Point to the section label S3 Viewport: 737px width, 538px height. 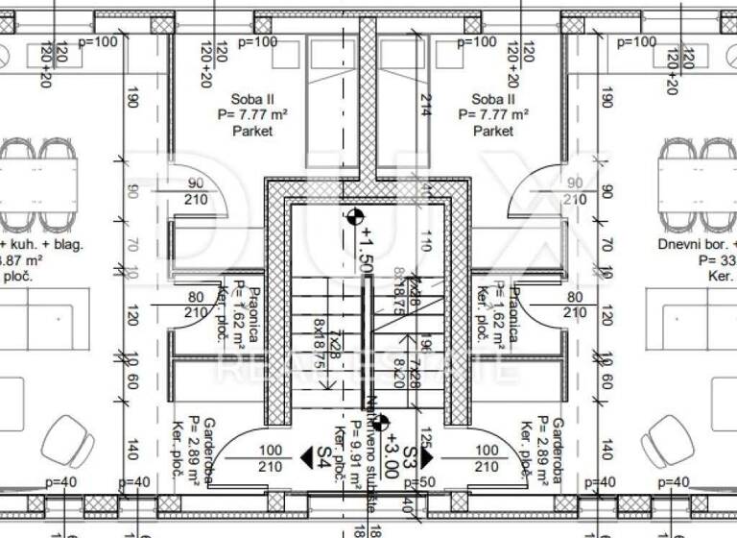tap(411, 455)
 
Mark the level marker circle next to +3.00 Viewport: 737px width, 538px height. tap(381, 421)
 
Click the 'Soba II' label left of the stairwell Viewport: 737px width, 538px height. tap(252, 99)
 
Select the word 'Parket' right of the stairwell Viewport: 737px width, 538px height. tap(494, 132)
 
